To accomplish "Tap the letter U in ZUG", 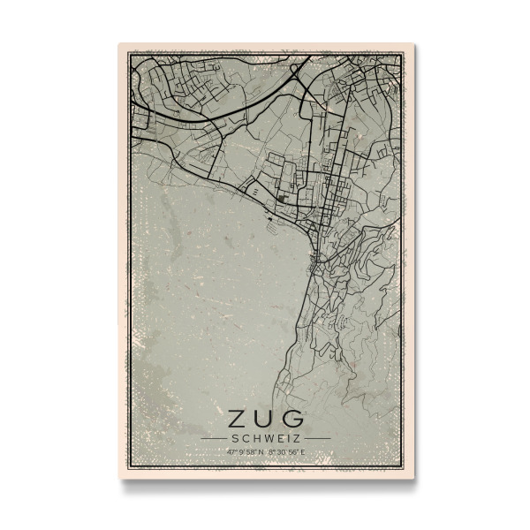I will (264, 416).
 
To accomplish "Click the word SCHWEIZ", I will (265, 437).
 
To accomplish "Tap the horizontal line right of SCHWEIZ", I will (317, 437).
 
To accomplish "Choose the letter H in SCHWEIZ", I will (254, 437).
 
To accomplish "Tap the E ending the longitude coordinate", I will (303, 452).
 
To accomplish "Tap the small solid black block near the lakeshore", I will (281, 201).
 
